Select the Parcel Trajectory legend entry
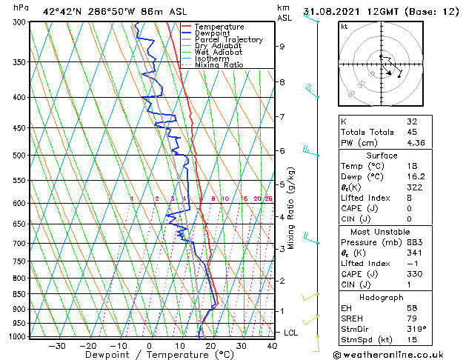(x=228, y=40)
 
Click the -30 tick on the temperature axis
(x=57, y=345)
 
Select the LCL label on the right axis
(x=291, y=333)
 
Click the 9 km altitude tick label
(x=282, y=46)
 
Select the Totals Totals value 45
(x=412, y=132)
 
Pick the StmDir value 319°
(x=416, y=330)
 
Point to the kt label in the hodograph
(x=344, y=26)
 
